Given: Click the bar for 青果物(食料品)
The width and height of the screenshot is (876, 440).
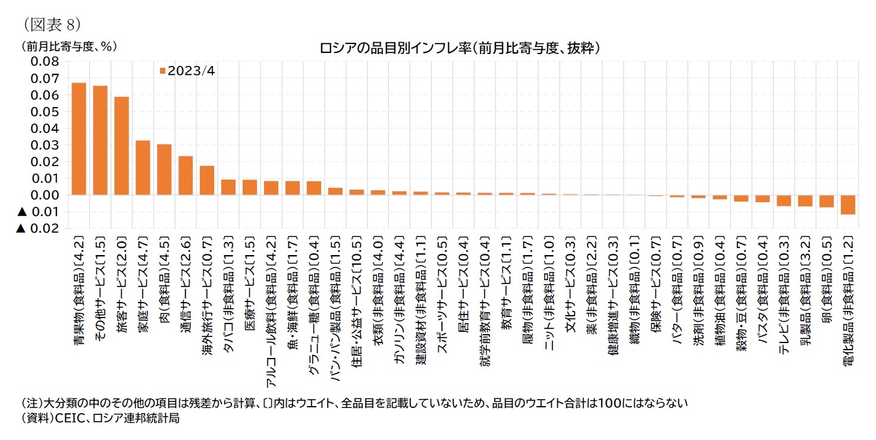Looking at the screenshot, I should point(79,139).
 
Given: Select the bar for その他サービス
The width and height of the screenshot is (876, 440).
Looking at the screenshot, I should point(100,141).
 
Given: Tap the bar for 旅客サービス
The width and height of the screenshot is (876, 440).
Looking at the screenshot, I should point(121,146).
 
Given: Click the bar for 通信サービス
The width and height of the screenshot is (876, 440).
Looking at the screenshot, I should point(186,176).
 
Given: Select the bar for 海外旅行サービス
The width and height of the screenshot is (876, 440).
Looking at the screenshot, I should point(207,181).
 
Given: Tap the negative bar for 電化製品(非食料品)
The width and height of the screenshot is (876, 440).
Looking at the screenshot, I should point(848,205).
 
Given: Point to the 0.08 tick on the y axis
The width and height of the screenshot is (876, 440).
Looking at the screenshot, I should point(46,62).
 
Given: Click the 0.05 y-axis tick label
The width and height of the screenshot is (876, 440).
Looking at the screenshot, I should point(46,112).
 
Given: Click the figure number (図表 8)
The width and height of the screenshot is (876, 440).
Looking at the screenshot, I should point(52,24).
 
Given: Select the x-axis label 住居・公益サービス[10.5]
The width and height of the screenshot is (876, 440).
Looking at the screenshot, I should point(357,291).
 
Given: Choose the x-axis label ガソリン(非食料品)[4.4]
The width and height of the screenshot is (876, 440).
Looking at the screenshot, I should point(400,291).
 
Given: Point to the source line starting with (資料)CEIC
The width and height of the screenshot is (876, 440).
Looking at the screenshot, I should point(99,418).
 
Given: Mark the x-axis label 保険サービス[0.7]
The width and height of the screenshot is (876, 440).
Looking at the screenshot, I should point(656,279).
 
